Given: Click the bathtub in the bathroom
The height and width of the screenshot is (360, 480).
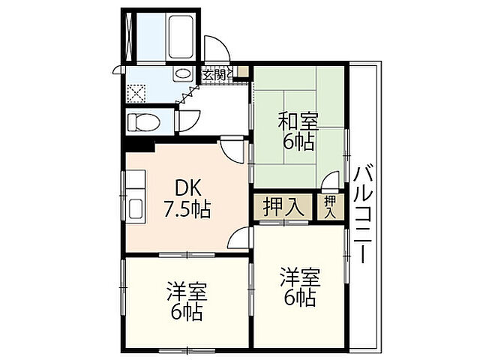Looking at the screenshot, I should click(179, 33).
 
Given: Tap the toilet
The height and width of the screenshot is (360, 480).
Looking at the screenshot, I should click(143, 121).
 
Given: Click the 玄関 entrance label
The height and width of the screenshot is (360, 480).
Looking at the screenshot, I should click(214, 73).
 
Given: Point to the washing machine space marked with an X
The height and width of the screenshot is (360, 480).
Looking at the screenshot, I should click(136, 93).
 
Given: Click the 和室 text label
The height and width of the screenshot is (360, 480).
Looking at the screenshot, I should click(298, 120).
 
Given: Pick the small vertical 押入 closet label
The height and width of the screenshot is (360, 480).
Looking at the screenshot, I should click(330, 206).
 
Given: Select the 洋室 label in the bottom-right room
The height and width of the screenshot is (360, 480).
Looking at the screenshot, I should click(299, 276).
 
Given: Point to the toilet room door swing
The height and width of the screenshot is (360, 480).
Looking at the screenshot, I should click(188, 120).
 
